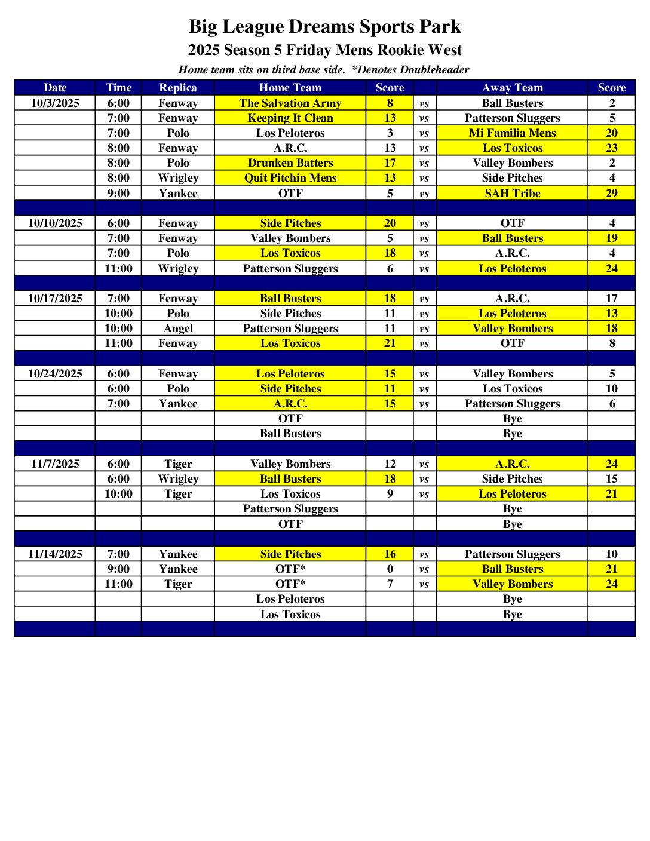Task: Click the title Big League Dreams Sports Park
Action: pos(324,27)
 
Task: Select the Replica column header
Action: pos(178,88)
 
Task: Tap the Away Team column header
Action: pos(512,88)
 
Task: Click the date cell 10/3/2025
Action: pos(55,103)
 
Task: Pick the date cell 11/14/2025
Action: pos(55,554)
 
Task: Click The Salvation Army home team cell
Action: pos(290,103)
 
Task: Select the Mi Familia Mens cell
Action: pos(512,133)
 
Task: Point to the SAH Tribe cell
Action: pos(512,193)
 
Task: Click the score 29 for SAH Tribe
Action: pos(611,193)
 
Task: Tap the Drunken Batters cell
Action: pos(290,162)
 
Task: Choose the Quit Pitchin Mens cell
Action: pos(290,177)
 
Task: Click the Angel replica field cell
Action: pos(178,328)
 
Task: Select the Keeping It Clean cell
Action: pos(290,118)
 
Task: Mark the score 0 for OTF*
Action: pos(390,569)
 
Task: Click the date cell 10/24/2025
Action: pos(55,373)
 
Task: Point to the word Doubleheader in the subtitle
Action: pos(434,70)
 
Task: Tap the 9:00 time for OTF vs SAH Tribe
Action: pos(118,193)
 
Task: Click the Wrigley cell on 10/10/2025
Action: pos(178,268)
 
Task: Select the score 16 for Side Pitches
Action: pos(390,554)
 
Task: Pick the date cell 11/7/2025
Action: pos(55,464)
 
